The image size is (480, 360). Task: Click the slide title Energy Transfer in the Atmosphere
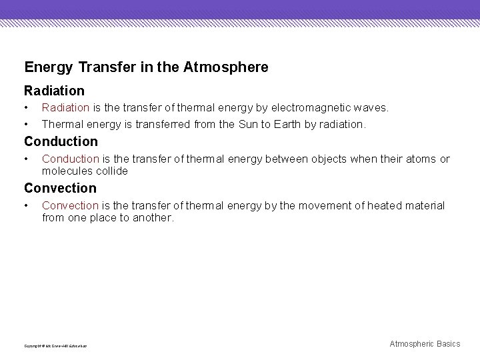tap(146, 67)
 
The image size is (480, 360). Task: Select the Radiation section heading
tap(54, 90)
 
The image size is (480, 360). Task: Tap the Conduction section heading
tap(61, 141)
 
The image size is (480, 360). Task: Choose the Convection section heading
tap(60, 188)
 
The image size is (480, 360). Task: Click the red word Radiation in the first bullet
tap(65, 107)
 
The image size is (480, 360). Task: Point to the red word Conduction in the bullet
tap(71, 159)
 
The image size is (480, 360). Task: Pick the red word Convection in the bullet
tap(70, 205)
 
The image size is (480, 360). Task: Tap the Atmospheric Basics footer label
tap(425, 343)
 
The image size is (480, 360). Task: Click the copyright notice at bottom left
tap(55, 345)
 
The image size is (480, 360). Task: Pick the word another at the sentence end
tap(153, 217)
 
